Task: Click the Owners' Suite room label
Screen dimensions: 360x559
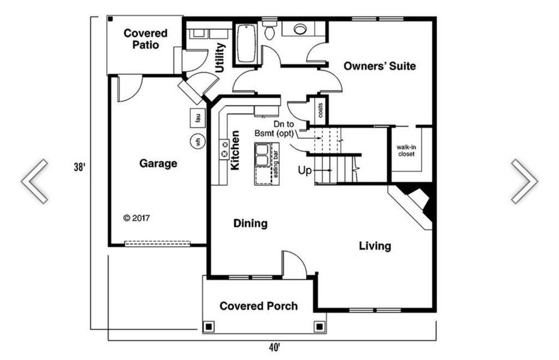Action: click(379, 66)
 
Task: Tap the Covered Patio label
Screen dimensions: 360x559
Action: click(145, 39)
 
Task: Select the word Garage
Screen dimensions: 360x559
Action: click(158, 163)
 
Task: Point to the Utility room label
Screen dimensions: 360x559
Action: click(220, 58)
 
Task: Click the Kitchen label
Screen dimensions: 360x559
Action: click(235, 150)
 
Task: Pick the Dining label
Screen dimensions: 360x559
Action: click(250, 224)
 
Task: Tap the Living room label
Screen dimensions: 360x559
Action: click(375, 246)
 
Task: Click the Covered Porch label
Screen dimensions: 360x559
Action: click(258, 306)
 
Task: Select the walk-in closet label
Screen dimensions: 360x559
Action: click(406, 150)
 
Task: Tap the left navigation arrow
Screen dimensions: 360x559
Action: click(35, 181)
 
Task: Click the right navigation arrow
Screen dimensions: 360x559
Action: click(524, 181)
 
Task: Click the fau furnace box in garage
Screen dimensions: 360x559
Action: click(197, 118)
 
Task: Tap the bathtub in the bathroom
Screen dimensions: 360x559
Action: click(245, 44)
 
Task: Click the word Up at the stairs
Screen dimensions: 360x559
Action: click(305, 170)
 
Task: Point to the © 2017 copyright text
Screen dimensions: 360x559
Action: click(136, 218)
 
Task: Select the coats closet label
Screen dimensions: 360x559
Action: click(321, 110)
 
